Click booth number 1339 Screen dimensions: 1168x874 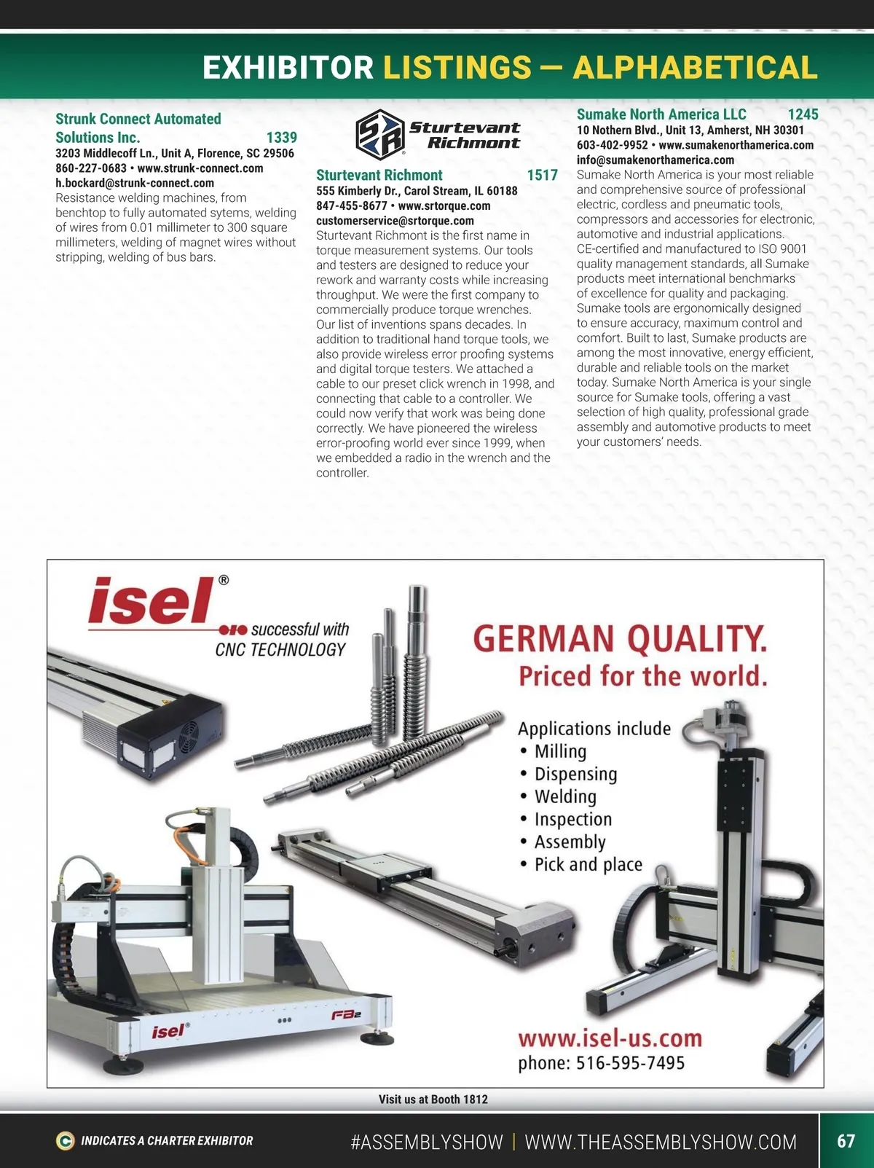tap(281, 138)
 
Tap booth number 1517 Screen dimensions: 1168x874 tap(542, 175)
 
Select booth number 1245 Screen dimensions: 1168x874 tap(803, 114)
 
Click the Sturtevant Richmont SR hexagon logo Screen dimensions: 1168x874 tap(380, 133)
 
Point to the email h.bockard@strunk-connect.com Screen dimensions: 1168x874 tap(135, 183)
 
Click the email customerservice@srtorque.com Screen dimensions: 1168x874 tap(395, 221)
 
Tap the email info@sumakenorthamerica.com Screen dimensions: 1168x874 tap(655, 160)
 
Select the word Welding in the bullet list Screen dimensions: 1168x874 tap(565, 796)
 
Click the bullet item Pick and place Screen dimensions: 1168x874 tap(588, 864)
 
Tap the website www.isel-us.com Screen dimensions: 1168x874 tap(610, 1038)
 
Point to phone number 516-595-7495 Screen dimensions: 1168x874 tap(630, 1063)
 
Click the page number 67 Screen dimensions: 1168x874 tap(846, 1140)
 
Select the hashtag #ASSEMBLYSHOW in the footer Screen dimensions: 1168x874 tap(427, 1142)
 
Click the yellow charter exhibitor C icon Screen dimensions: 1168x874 tap(65, 1141)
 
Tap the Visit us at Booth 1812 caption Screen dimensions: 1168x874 tap(433, 1099)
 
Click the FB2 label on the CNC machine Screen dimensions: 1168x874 tap(347, 1015)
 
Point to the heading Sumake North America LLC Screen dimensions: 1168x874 tap(661, 114)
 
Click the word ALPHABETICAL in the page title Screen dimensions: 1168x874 tap(695, 67)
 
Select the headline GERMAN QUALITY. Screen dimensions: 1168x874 tap(620, 639)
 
